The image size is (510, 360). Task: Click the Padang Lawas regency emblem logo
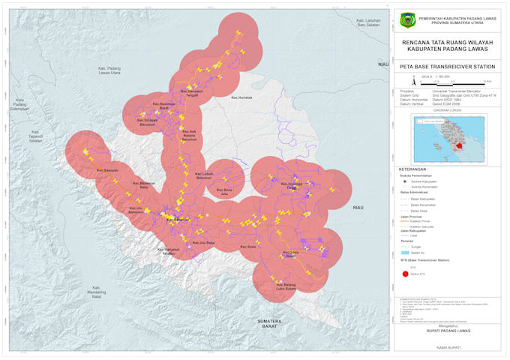pyautogui.click(x=408, y=20)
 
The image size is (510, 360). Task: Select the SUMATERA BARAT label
pyautogui.click(x=268, y=323)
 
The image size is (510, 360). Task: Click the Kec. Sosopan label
pyautogui.click(x=110, y=170)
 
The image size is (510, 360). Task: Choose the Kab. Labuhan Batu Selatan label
pyautogui.click(x=375, y=23)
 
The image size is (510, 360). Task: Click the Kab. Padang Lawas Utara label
pyautogui.click(x=109, y=70)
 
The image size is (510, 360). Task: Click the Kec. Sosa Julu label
pyautogui.click(x=223, y=191)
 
